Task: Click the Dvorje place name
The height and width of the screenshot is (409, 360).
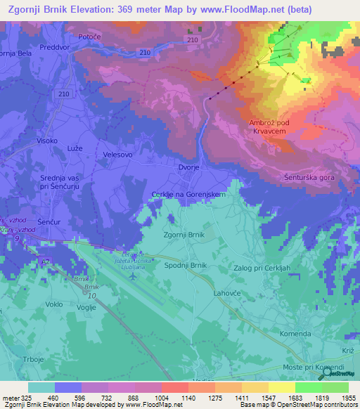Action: coord(191,167)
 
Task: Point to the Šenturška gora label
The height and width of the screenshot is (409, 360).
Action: coord(308,178)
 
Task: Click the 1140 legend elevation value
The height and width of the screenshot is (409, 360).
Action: coord(188,397)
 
